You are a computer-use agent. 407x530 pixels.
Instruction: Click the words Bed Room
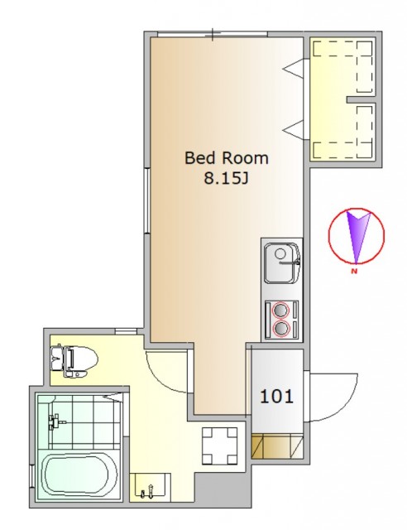[x=227, y=158]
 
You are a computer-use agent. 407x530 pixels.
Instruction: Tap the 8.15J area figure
[x=227, y=178]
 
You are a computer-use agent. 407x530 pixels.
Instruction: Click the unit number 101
[x=276, y=396]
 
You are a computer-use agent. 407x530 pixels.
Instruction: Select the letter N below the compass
[x=354, y=271]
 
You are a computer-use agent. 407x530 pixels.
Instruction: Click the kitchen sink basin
[x=282, y=263]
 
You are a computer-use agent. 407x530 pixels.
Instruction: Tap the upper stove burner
[x=281, y=310]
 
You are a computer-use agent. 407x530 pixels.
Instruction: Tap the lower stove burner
[x=281, y=327]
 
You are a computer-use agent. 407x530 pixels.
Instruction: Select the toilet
[x=74, y=361]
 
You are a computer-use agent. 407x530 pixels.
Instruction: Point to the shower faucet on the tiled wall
[x=55, y=422]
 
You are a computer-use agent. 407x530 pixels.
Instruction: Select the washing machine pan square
[x=219, y=446]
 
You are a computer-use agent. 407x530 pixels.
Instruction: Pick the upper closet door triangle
[x=294, y=69]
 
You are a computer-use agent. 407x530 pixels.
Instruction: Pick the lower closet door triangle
[x=294, y=129]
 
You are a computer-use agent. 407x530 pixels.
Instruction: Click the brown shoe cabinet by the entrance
[x=277, y=446]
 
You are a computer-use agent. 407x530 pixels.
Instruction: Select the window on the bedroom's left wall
[x=147, y=200]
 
